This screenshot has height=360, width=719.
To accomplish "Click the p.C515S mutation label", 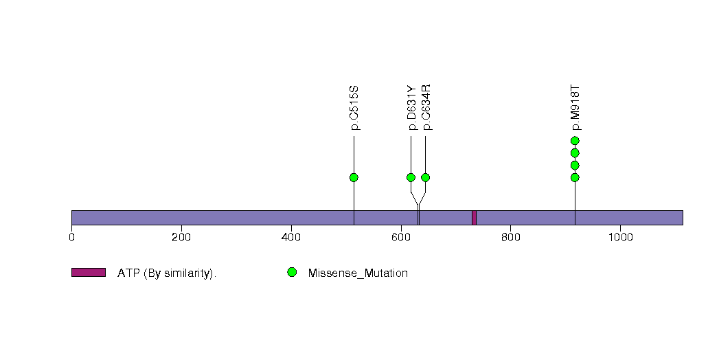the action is pyautogui.click(x=354, y=109).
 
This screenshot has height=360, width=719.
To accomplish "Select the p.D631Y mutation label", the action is pyautogui.click(x=412, y=108).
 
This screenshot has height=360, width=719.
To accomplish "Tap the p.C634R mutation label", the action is pyautogui.click(x=426, y=108).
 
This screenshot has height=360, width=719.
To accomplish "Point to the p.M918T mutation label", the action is pyautogui.click(x=575, y=108).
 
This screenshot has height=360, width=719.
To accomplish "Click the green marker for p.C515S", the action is pyautogui.click(x=354, y=177).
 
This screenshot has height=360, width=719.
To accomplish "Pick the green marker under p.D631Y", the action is pyautogui.click(x=411, y=177).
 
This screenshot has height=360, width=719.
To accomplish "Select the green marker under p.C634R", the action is pyautogui.click(x=426, y=177).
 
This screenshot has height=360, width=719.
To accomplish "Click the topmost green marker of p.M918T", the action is pyautogui.click(x=575, y=141).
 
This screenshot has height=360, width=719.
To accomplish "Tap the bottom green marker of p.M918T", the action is pyautogui.click(x=575, y=177).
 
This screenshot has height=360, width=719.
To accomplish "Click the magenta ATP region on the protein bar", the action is pyautogui.click(x=474, y=218).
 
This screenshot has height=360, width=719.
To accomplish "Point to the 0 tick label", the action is pyautogui.click(x=71, y=237).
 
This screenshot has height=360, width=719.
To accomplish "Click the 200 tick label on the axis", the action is pyautogui.click(x=181, y=237).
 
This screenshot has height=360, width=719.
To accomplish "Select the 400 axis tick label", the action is pyautogui.click(x=291, y=237).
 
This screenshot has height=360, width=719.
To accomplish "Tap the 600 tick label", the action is pyautogui.click(x=401, y=237).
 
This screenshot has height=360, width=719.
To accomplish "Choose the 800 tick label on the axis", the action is pyautogui.click(x=510, y=237).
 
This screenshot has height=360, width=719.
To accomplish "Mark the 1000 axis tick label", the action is pyautogui.click(x=620, y=237).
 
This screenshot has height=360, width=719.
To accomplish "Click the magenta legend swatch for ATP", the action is pyautogui.click(x=89, y=273).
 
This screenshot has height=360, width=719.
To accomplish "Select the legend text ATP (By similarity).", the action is pyautogui.click(x=167, y=273).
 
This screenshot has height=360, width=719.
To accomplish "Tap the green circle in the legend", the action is pyautogui.click(x=292, y=273).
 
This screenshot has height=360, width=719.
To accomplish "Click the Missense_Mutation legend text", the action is pyautogui.click(x=358, y=273).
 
